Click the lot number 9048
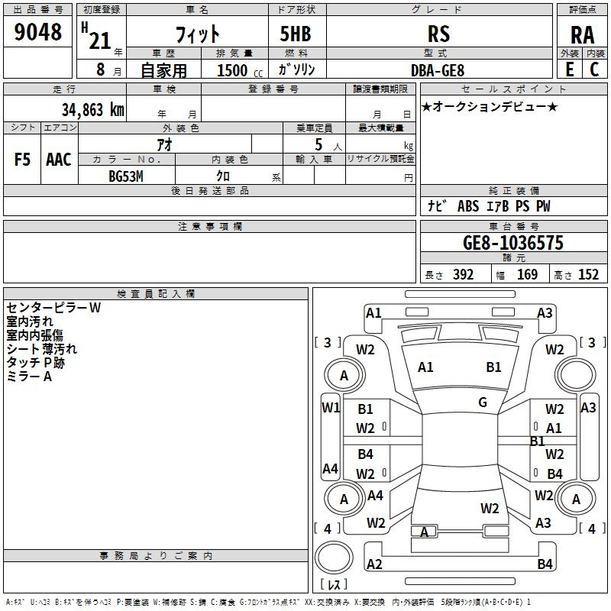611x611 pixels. (37, 31)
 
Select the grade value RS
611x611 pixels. (438, 34)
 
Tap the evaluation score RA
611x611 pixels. (582, 35)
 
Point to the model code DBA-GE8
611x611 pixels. (438, 70)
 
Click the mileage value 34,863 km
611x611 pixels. (92, 109)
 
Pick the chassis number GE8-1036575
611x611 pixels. (513, 243)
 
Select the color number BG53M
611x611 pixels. (126, 176)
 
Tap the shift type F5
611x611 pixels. (22, 160)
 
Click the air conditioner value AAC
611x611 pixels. (59, 160)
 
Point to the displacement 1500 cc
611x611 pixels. (240, 70)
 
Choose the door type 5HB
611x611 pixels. (296, 34)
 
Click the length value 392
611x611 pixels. (464, 274)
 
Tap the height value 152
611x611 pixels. (588, 274)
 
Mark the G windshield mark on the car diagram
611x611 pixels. (483, 402)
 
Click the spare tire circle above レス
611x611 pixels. (334, 557)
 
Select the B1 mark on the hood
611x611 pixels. (493, 367)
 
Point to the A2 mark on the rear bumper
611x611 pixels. (374, 564)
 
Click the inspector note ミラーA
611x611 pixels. (29, 377)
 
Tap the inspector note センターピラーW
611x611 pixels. (53, 308)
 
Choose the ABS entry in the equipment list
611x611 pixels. (468, 206)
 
